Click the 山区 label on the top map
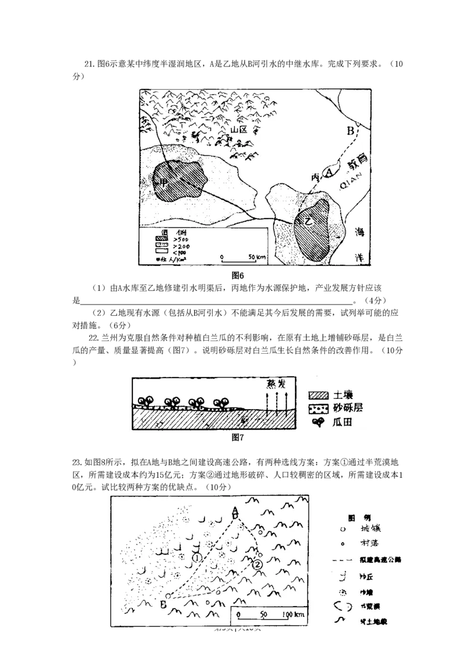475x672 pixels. point(240,129)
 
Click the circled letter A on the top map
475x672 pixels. point(328,173)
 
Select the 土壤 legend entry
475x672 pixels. point(335,395)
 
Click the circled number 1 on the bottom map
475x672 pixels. point(198,558)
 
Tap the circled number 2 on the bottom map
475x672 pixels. point(256,565)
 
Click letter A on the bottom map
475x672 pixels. point(235,511)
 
